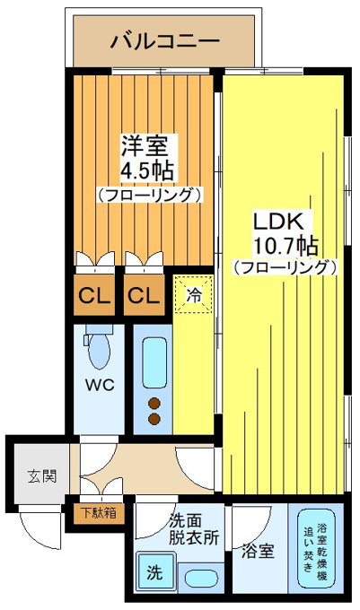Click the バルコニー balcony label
coord(165,41)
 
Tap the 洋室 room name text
coord(145,145)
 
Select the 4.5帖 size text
coord(146,170)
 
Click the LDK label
coord(278,222)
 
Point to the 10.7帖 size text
coord(285,246)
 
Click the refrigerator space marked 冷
coord(193,294)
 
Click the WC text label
coord(100,385)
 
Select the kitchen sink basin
coord(154,362)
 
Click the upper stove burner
coord(154,404)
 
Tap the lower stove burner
coord(154,419)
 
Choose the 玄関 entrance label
coord(42,475)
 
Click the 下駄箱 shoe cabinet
coord(99,513)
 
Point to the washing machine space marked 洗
coord(155,572)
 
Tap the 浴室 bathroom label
coord(258,551)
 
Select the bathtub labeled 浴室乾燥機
coord(317,549)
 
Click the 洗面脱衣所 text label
coord(193,529)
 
